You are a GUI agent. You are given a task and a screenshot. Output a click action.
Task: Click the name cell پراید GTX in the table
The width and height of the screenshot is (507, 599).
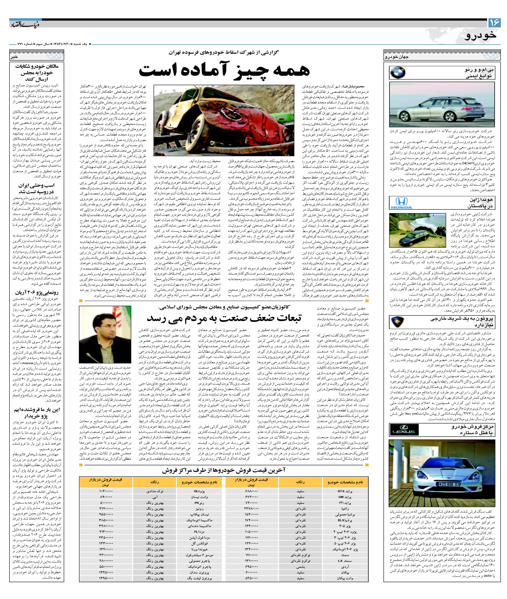[x=345, y=491]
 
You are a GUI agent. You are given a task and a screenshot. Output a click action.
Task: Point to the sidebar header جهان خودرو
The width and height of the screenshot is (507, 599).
[x=397, y=57]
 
